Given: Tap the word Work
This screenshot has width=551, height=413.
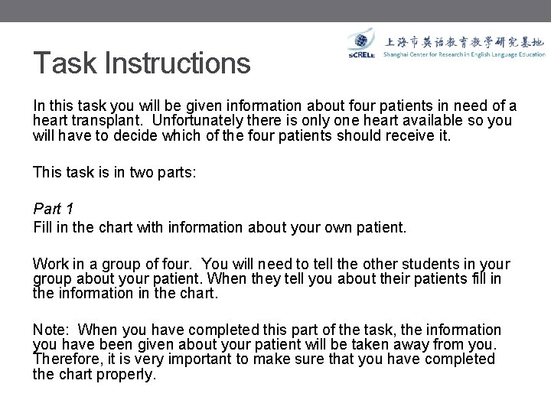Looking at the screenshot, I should coord(51,265).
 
